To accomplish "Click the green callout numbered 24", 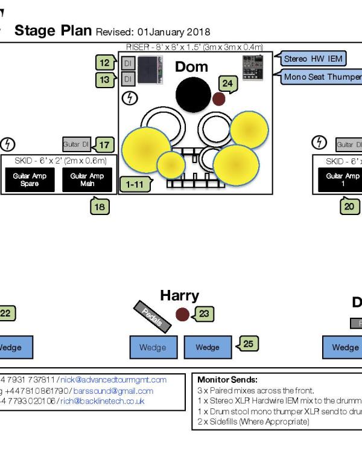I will point(227,84).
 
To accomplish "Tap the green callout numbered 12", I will point(105,63).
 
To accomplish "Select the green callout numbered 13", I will point(105,79).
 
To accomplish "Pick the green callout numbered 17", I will point(104,145).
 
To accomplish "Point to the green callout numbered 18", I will point(100,207).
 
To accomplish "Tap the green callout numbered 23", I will point(204,313).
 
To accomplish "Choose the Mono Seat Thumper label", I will point(322,77).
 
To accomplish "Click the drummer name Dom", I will point(191,67).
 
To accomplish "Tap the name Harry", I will point(179,295).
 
